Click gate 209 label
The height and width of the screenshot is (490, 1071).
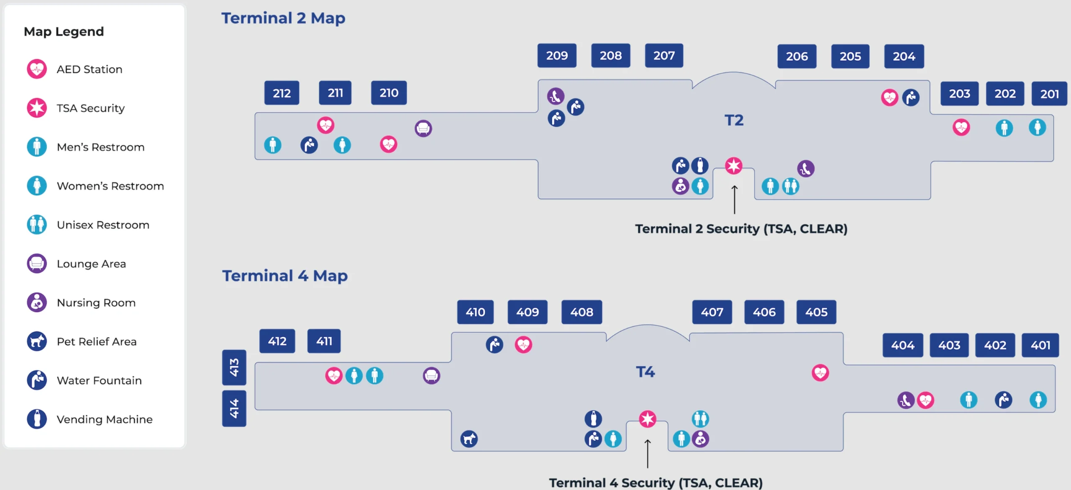[x=557, y=56]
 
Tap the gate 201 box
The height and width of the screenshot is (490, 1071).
[x=1049, y=94]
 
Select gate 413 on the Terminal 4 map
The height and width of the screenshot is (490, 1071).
[x=234, y=367]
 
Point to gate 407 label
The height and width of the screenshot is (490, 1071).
[x=712, y=312]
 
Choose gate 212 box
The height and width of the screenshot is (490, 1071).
[x=282, y=93]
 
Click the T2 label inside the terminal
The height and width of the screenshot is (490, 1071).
[x=734, y=121]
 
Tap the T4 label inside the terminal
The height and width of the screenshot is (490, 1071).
[x=645, y=372]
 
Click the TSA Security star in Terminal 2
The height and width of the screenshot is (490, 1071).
[x=734, y=166]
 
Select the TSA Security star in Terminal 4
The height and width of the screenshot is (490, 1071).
[x=648, y=419]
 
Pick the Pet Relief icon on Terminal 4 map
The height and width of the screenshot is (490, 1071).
[x=469, y=439]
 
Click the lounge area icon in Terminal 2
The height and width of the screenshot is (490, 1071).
[x=423, y=128]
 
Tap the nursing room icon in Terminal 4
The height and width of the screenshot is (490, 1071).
[x=701, y=439]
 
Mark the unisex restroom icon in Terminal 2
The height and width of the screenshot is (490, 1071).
[x=791, y=186]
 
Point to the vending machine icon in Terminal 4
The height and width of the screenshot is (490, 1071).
[x=593, y=418]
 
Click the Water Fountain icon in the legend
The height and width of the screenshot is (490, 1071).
[x=37, y=380]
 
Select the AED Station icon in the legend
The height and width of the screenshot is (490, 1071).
[x=37, y=69]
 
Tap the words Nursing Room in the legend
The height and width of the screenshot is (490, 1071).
[x=96, y=303]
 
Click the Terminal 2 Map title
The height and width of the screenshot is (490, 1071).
[x=283, y=18]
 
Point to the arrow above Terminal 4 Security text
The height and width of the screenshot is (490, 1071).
[x=648, y=453]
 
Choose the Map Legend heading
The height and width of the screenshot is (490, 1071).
[x=64, y=32]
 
